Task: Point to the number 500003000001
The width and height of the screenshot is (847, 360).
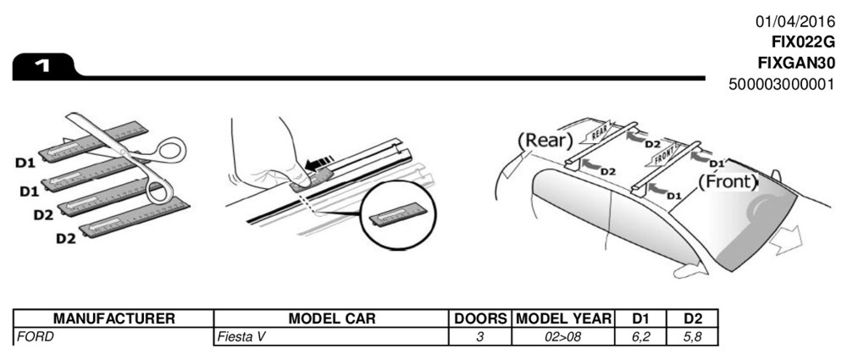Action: [782, 84]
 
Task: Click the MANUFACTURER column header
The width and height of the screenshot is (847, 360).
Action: [114, 319]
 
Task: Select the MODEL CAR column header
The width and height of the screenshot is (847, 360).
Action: [331, 319]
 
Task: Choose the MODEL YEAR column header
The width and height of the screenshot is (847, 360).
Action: [562, 319]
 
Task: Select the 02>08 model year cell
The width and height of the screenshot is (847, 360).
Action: [563, 336]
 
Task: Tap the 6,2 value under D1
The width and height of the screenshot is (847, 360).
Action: [641, 336]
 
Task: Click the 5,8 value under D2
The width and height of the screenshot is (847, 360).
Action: [693, 336]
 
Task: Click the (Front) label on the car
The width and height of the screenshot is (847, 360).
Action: [728, 180]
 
